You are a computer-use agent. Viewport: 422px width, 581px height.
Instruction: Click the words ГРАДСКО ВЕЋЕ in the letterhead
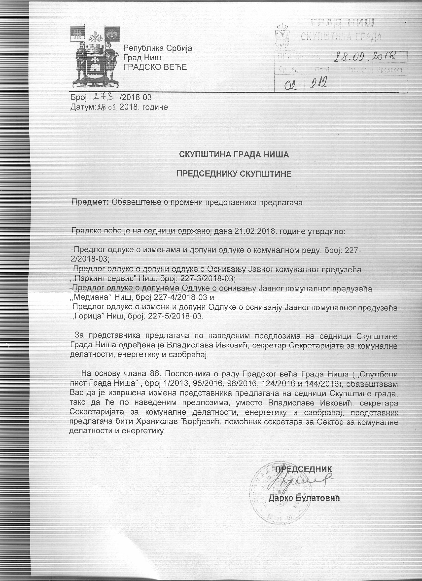click(155, 67)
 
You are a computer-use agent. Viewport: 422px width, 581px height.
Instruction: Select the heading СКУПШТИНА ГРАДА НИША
click(234, 155)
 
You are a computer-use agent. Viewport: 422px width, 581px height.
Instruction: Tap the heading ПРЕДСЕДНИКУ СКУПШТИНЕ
click(234, 174)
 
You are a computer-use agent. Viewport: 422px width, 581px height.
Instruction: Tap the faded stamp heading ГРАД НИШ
click(342, 23)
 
